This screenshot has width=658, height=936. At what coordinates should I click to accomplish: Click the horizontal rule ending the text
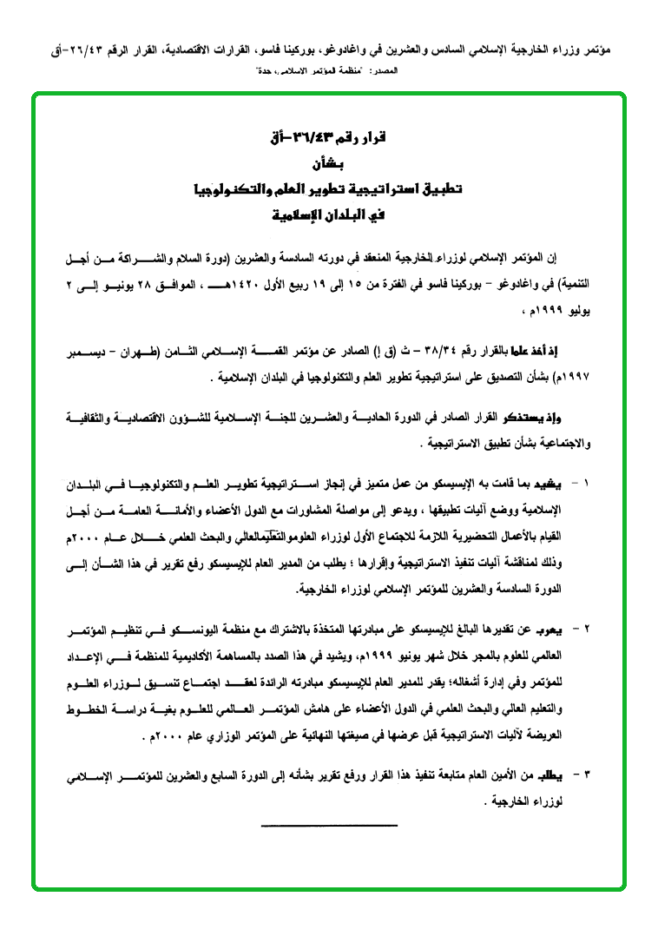[x=328, y=824]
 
